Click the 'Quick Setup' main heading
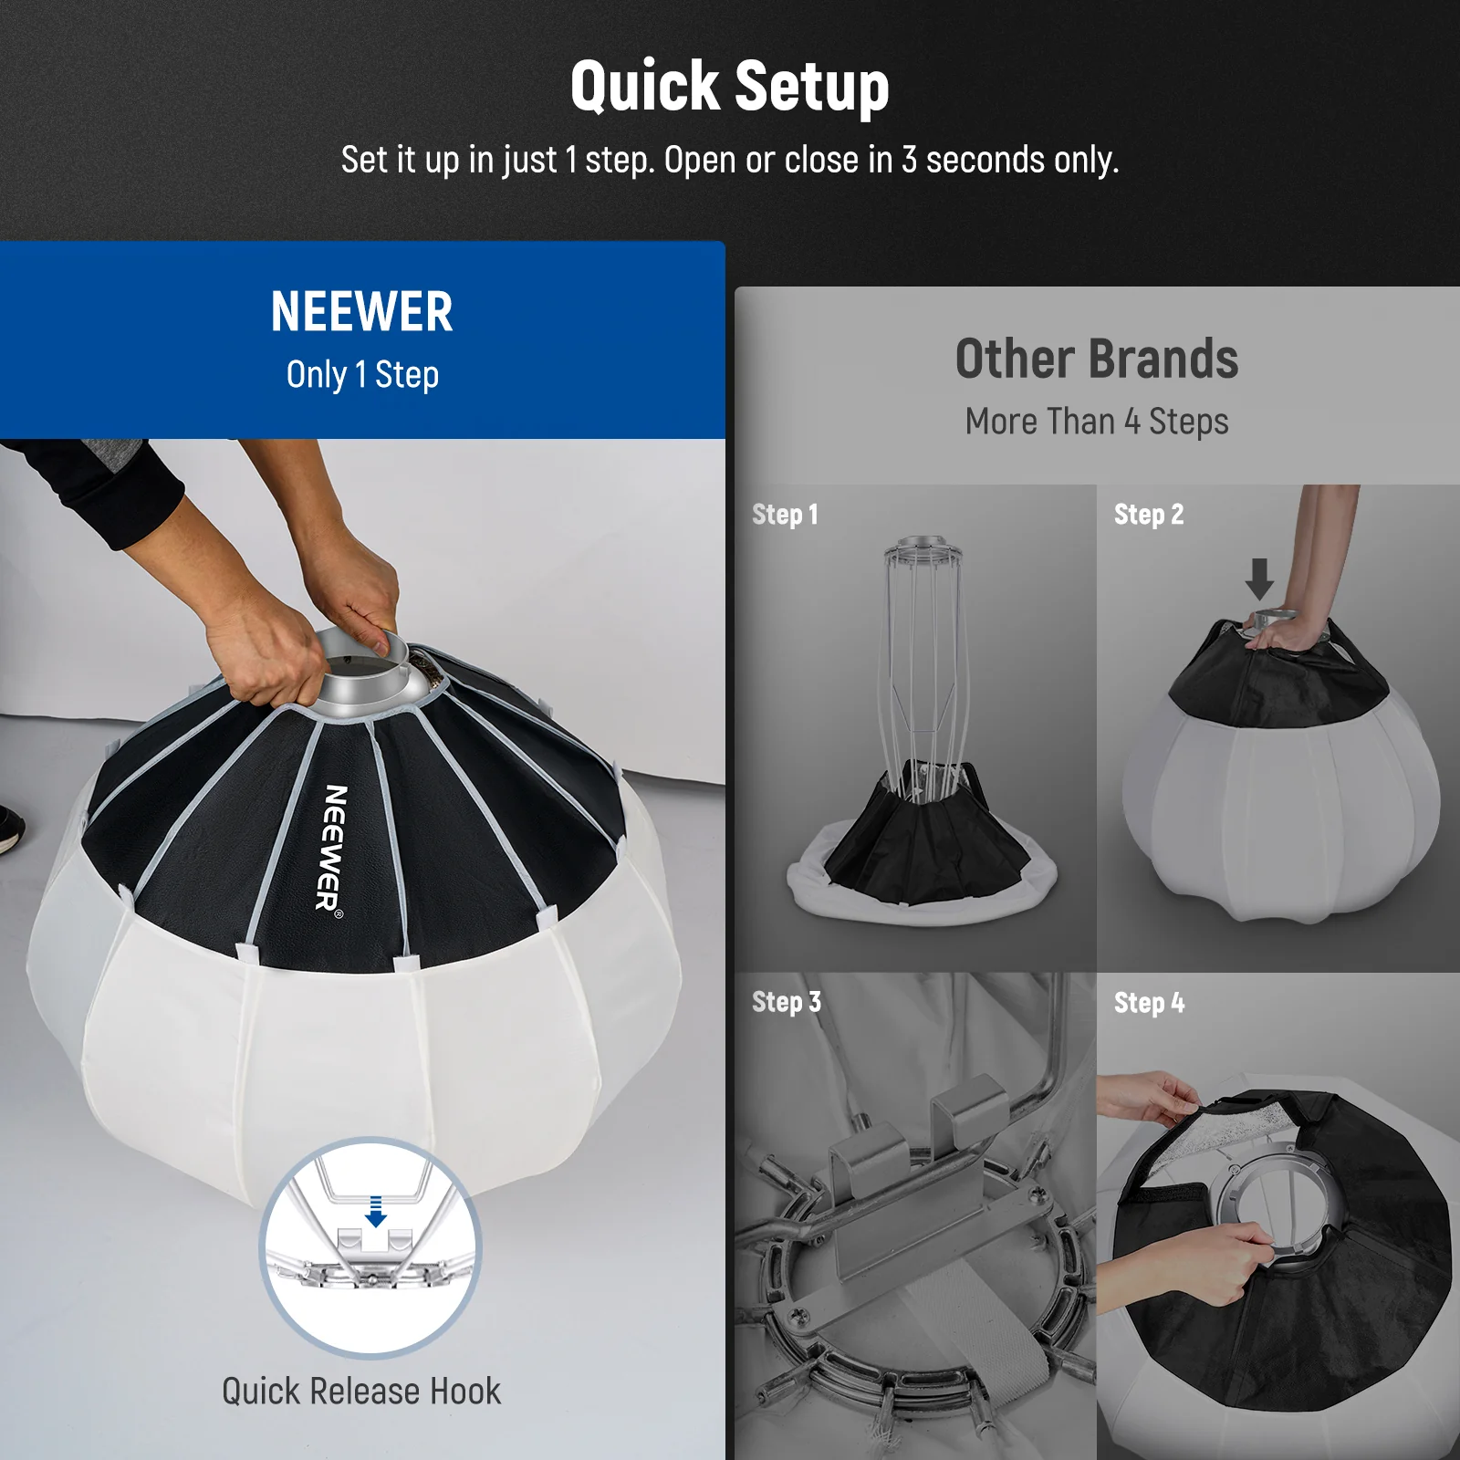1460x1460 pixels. pos(729,87)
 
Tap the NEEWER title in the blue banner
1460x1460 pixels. pos(361,312)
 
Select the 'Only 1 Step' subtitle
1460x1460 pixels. pos(362,374)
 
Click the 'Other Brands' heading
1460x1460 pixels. pos(1096,359)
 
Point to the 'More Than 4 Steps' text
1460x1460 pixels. pos(1096,422)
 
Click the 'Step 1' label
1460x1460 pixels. pos(785,515)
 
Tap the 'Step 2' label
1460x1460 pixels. pos(1148,515)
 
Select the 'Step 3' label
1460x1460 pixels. pos(786,1002)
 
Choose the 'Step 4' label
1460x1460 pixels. pos(1149,1003)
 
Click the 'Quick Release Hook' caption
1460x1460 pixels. pos(361,1392)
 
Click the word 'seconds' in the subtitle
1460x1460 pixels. pos(985,161)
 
